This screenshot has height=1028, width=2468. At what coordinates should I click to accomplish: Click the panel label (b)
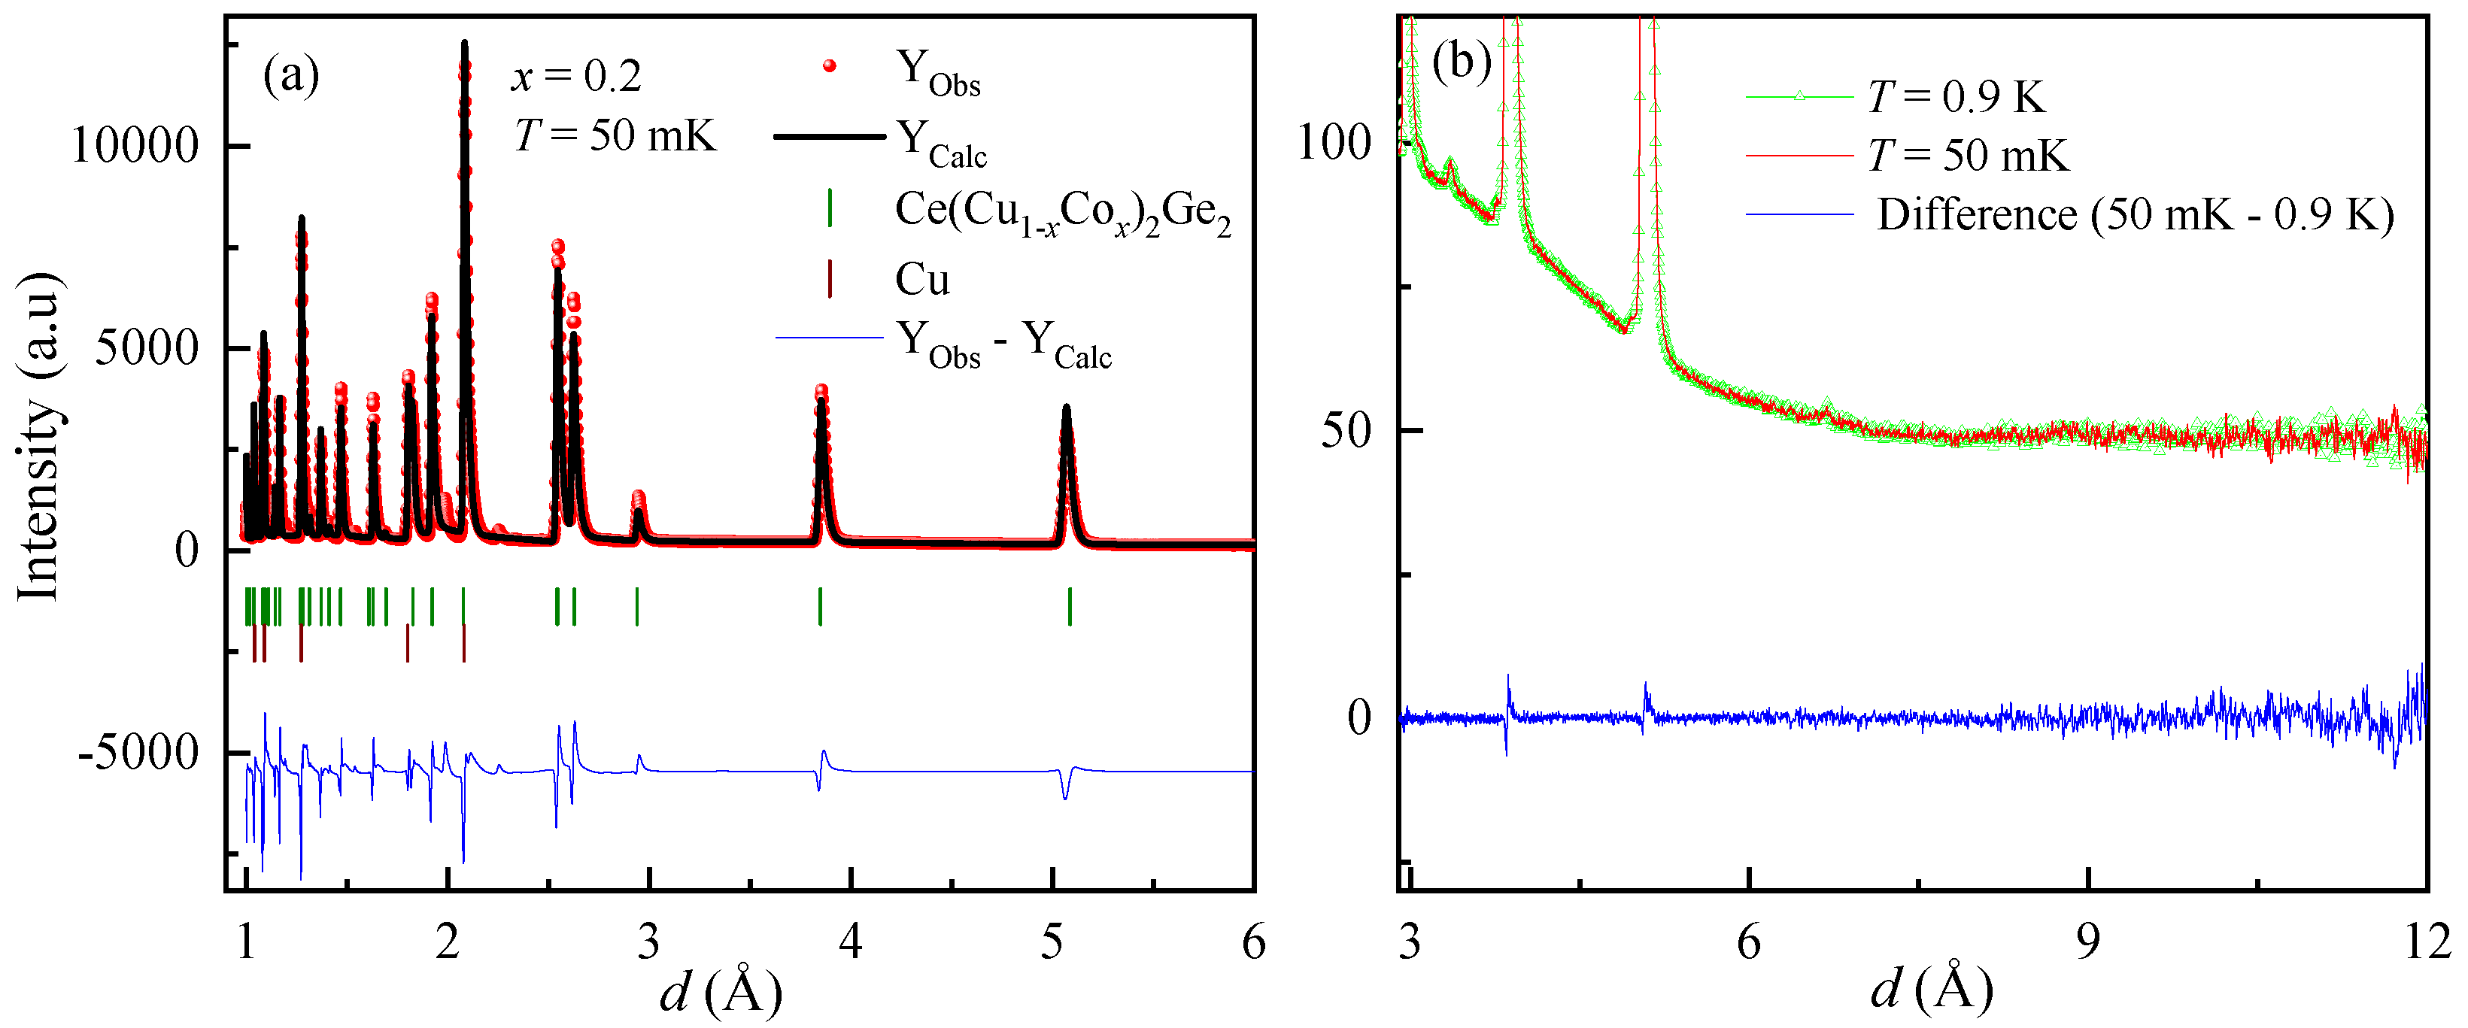coord(1461,63)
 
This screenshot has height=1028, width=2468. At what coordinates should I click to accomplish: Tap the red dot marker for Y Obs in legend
coord(830,66)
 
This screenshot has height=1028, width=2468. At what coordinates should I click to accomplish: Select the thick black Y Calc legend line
coord(830,138)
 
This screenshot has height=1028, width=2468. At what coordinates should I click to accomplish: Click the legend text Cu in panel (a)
coord(921,280)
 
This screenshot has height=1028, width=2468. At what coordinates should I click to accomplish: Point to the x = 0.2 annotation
coord(575,77)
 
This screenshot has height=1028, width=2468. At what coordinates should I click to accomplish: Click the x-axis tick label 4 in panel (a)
coord(850,943)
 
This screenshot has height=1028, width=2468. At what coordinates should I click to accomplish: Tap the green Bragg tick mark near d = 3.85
coord(820,606)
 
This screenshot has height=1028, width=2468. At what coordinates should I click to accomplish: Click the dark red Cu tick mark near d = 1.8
coord(407,643)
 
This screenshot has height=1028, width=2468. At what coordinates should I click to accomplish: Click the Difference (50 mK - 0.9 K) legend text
coord(2135,214)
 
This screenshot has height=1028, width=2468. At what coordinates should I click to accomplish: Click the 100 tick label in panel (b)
coord(1334,143)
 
